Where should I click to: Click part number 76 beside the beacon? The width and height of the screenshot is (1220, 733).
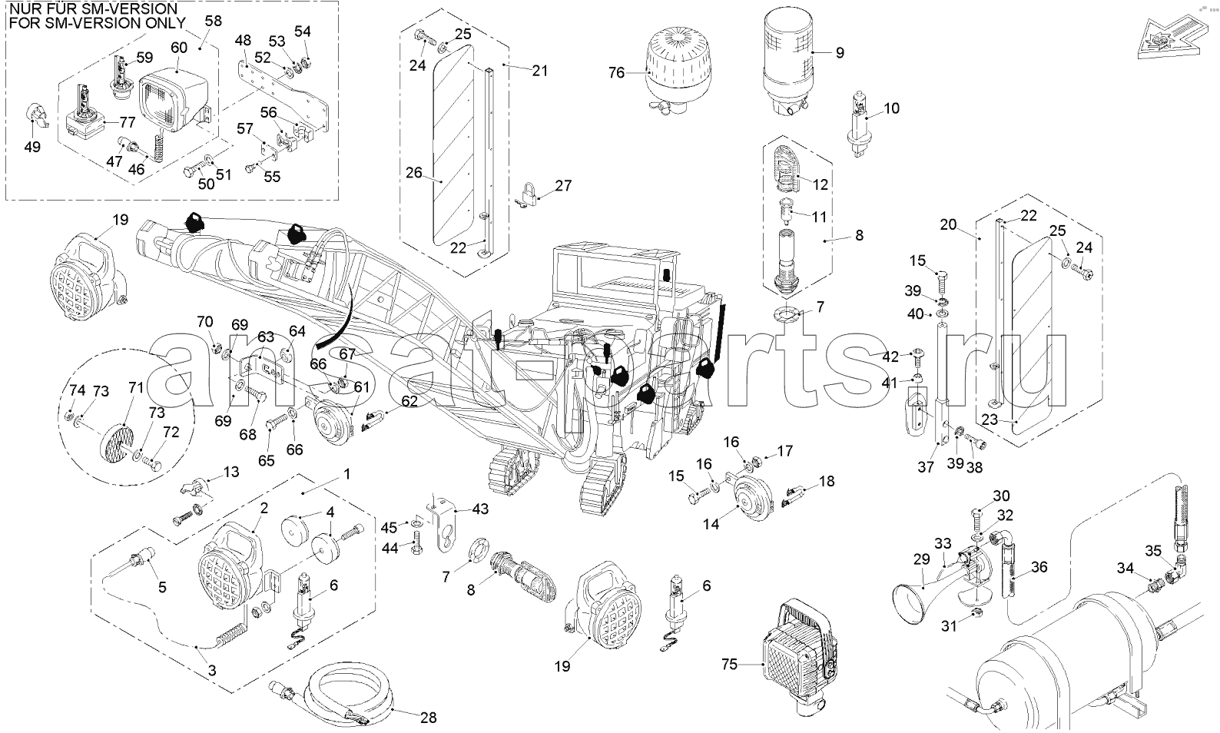(x=616, y=73)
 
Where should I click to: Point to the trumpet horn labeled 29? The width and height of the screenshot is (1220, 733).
(x=914, y=595)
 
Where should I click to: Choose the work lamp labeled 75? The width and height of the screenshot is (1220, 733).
(x=795, y=653)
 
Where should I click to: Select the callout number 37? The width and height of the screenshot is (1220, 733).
(x=926, y=466)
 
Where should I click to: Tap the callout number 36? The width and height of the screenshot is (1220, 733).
(x=1039, y=568)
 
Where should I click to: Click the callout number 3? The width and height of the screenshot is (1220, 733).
(x=212, y=670)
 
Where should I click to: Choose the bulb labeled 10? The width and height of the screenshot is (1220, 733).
(x=859, y=123)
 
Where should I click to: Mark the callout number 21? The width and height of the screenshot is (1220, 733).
(x=540, y=71)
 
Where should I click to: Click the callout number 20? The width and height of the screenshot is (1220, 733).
(x=947, y=224)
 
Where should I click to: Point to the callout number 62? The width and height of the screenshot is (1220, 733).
(x=409, y=400)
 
